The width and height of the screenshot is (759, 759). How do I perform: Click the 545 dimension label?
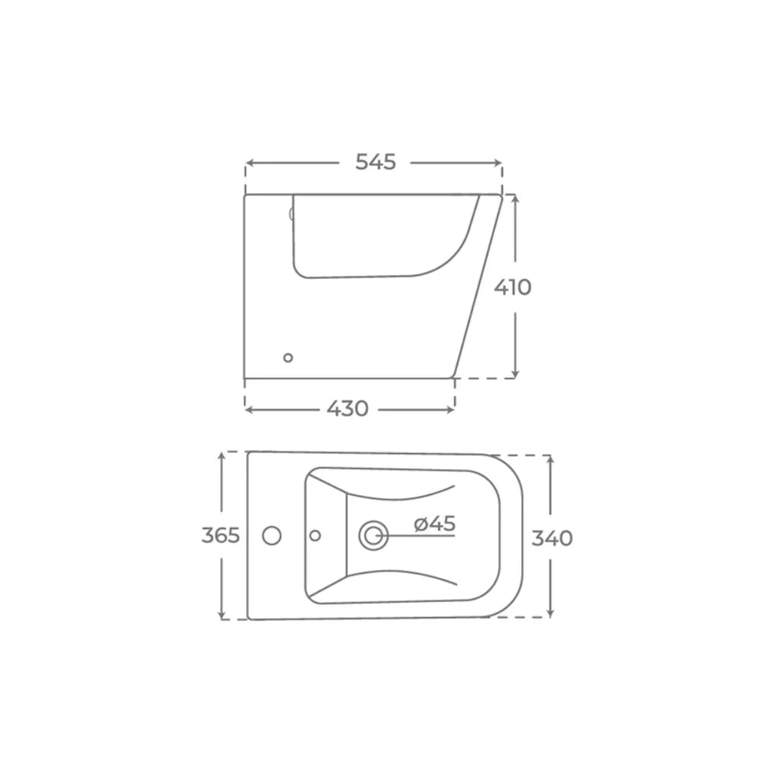point(376,163)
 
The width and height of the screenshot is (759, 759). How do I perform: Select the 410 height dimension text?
point(513,287)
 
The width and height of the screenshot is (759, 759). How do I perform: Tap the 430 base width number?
point(347,409)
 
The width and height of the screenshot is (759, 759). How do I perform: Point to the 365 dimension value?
point(220,535)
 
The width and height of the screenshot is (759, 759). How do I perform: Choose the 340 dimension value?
point(552,537)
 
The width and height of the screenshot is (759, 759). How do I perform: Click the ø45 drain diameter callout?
point(435,524)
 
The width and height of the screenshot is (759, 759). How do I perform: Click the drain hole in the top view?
point(373,536)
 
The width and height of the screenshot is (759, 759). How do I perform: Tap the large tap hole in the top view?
point(272,536)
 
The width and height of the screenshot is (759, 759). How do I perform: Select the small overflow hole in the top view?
point(315,536)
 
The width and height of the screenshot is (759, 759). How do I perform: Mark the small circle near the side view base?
point(288,358)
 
